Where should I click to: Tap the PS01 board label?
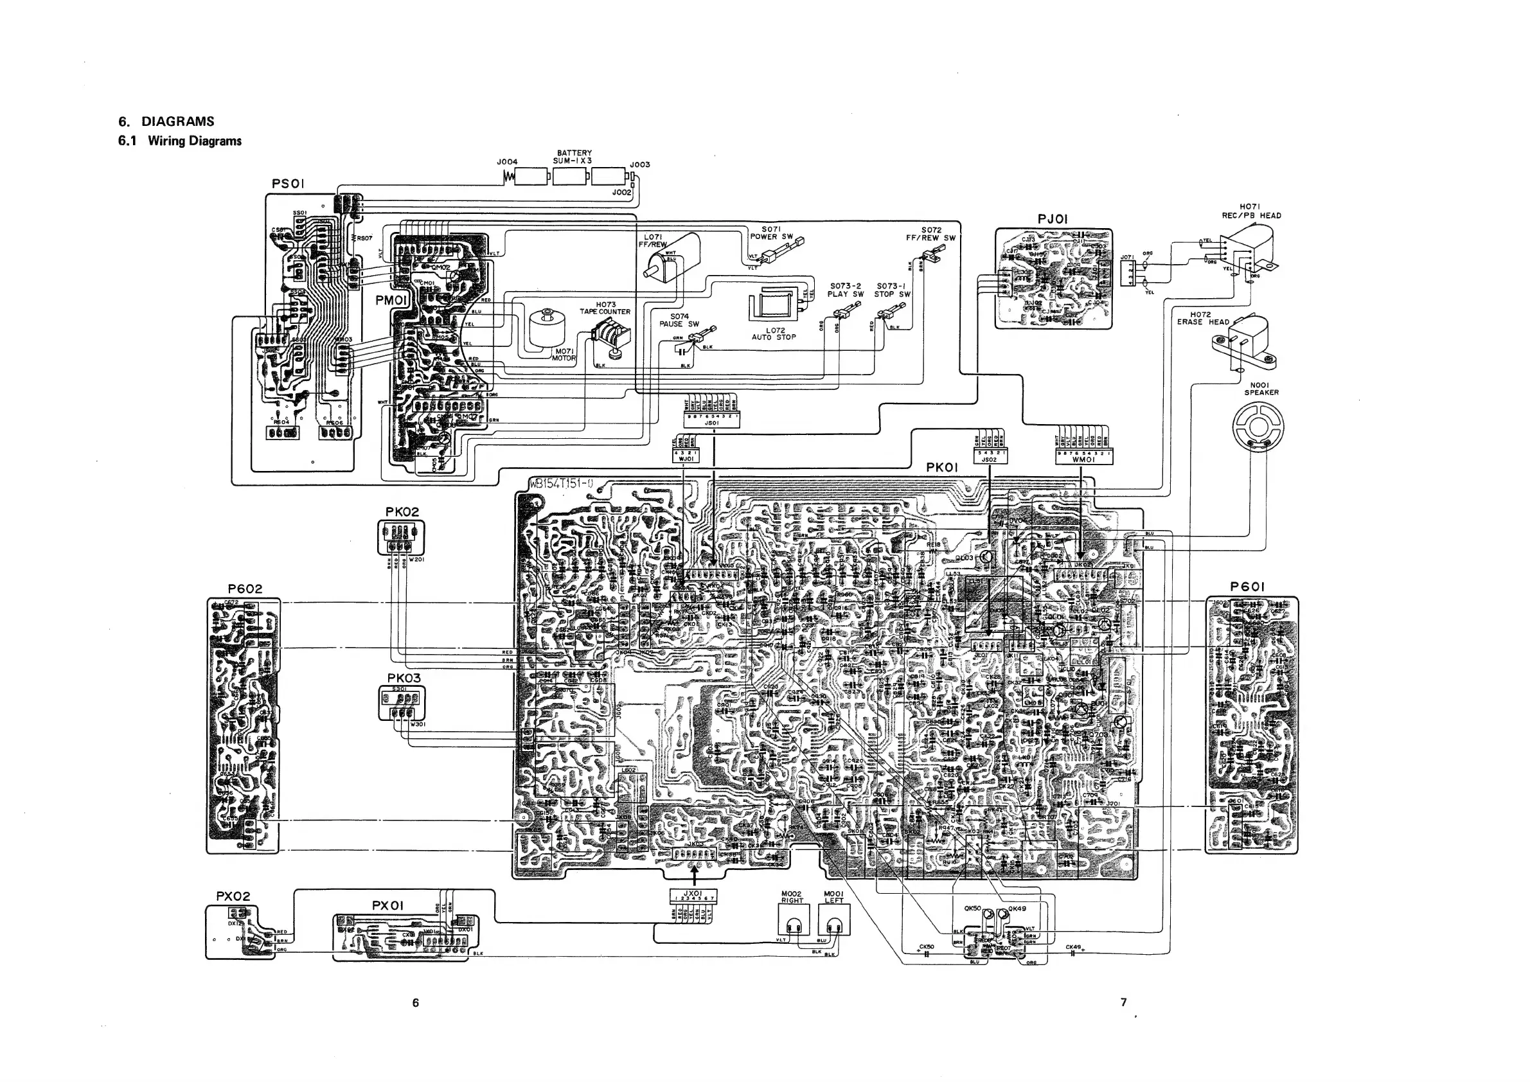[x=289, y=183]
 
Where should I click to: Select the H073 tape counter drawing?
[x=607, y=339]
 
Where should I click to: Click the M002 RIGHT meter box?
[x=792, y=923]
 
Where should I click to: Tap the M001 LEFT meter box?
[x=833, y=923]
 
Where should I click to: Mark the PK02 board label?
[x=402, y=511]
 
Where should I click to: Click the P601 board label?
[x=1247, y=587]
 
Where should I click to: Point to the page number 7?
[x=1123, y=1002]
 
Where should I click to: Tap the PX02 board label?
[x=233, y=896]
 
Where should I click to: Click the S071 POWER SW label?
[x=772, y=233]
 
